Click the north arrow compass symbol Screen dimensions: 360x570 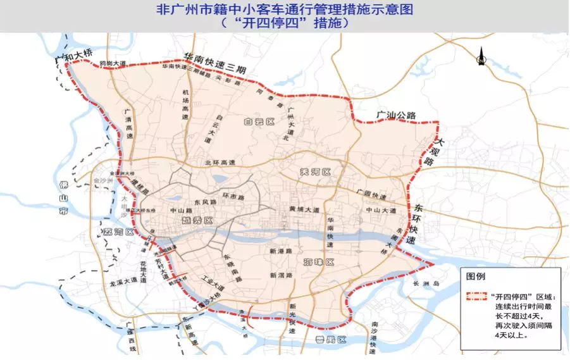point(481,58)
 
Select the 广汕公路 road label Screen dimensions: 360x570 point(396,115)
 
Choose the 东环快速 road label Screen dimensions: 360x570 point(418,225)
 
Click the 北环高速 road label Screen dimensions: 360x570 point(220,163)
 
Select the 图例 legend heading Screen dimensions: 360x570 point(476,277)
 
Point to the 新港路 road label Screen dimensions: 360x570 point(279,251)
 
